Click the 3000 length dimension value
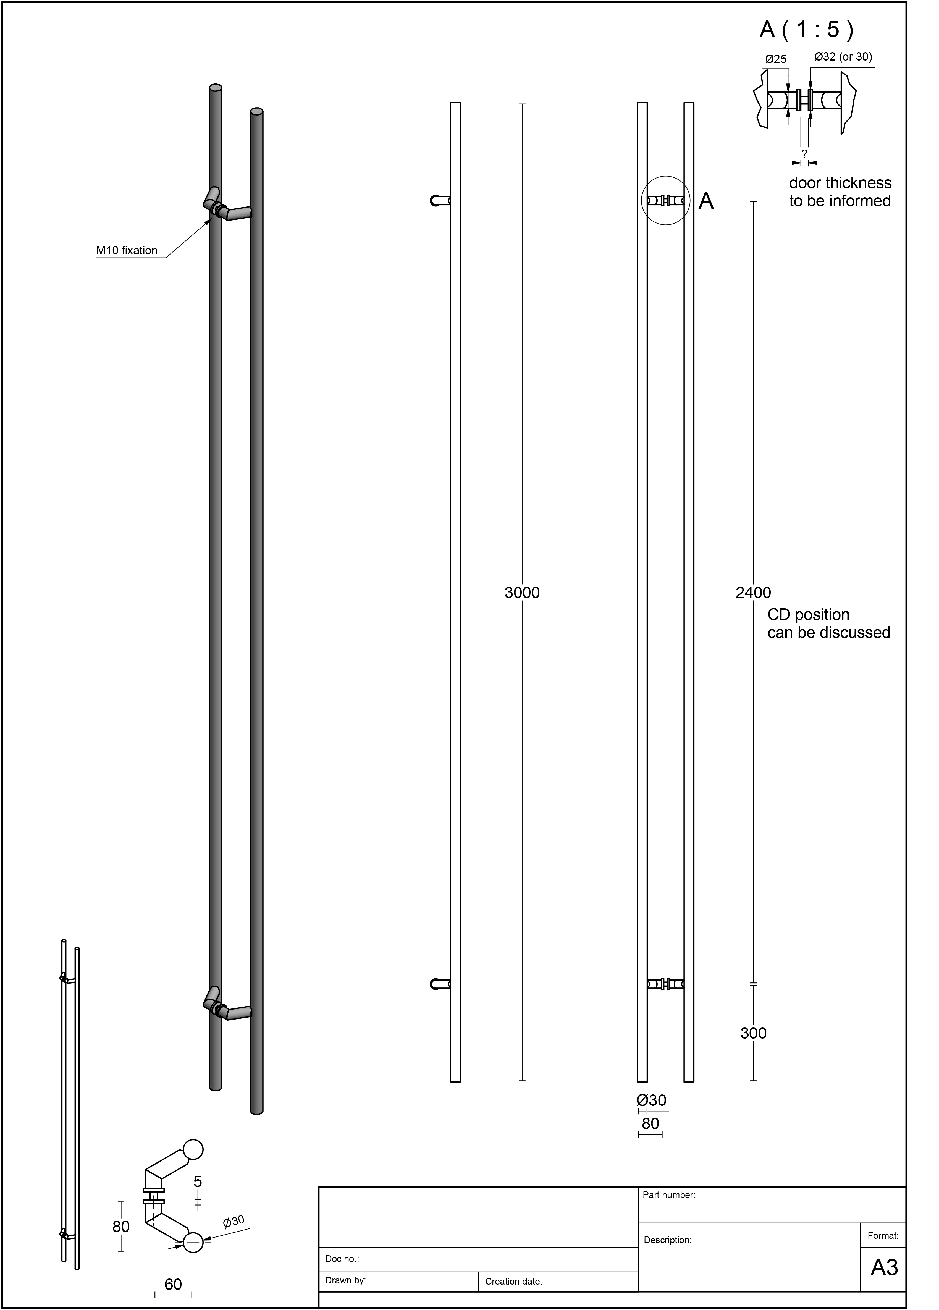pos(521,593)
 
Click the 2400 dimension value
pos(753,593)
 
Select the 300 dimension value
pos(753,1033)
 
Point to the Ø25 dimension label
pos(776,59)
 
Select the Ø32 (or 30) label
pos(843,57)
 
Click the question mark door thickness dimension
pos(804,154)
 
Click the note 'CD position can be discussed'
pos(828,624)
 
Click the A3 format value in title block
pos(883,1267)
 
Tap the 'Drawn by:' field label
pos(345,1280)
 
